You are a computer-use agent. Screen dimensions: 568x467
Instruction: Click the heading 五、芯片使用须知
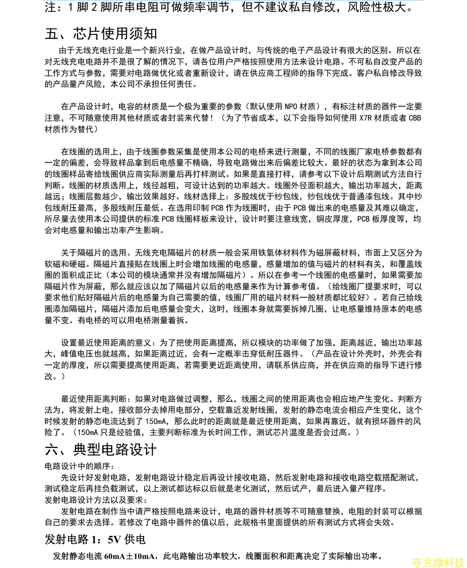click(x=101, y=34)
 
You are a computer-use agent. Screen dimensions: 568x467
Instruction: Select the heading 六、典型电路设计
click(x=101, y=449)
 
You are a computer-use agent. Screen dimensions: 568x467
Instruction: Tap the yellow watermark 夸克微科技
click(x=438, y=562)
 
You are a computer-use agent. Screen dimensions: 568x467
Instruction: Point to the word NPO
click(x=291, y=107)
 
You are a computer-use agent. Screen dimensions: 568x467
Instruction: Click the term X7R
click(x=365, y=118)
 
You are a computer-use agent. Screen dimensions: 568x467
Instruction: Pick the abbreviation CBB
click(x=415, y=118)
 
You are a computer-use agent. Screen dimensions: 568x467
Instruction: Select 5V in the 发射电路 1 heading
click(x=114, y=539)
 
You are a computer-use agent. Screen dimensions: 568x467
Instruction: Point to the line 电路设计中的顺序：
click(x=79, y=466)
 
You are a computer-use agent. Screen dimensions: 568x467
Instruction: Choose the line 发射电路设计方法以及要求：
click(x=96, y=500)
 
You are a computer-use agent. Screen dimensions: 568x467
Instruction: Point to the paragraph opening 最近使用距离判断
click(x=94, y=399)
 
